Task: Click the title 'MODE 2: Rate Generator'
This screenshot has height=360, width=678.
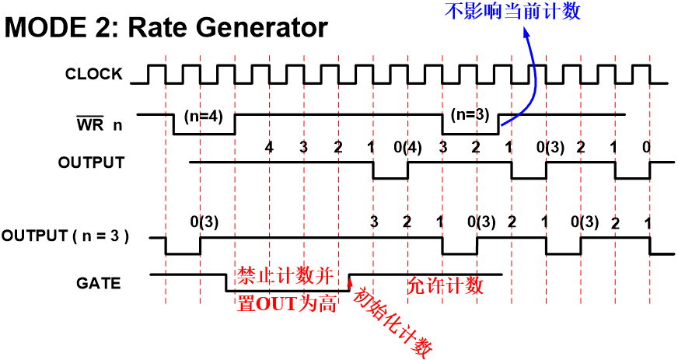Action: (166, 30)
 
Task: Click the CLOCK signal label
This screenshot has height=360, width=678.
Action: (93, 74)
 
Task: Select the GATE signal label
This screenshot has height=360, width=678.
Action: (99, 283)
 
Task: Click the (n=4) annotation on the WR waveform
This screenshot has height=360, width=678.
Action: (204, 116)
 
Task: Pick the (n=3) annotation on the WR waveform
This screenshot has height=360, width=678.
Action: (470, 114)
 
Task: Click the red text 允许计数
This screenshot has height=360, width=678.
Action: (445, 285)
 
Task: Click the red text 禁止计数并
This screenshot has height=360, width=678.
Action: (285, 276)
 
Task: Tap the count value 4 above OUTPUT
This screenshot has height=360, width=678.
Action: (269, 147)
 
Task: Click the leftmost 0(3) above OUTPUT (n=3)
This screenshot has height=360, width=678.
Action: (204, 222)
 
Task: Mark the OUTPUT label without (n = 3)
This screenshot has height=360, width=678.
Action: (90, 163)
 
